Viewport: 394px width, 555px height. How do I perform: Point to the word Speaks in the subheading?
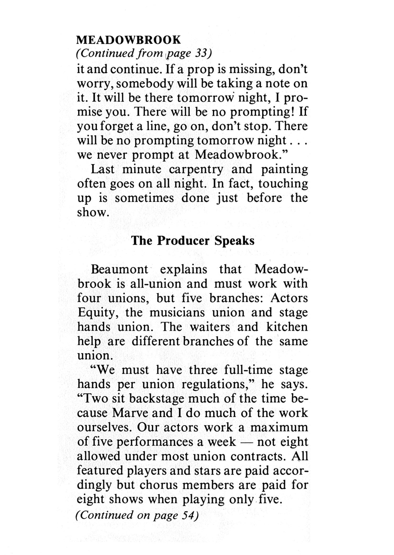(234, 241)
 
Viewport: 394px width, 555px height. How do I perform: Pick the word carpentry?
(196, 169)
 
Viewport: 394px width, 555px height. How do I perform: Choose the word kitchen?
(287, 327)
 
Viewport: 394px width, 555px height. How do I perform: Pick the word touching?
(283, 184)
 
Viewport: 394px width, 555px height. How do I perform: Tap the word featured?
(100, 471)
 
